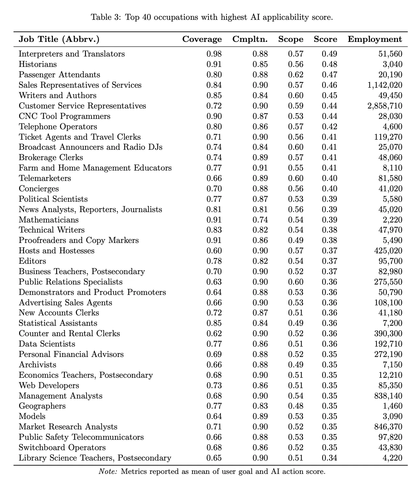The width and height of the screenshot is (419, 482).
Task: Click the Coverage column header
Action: (202, 39)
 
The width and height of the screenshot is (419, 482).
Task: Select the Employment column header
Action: (375, 39)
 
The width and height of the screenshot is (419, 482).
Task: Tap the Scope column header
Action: (291, 39)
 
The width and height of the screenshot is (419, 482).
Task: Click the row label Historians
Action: (38, 64)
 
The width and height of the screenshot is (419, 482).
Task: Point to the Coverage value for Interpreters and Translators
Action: (214, 54)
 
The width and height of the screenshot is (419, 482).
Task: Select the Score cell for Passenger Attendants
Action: (329, 75)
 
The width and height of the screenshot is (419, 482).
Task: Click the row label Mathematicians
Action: (49, 220)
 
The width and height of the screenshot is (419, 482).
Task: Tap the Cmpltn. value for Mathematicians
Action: (260, 220)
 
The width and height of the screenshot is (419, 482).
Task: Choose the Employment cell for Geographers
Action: (393, 406)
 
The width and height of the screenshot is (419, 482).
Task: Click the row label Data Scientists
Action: (47, 344)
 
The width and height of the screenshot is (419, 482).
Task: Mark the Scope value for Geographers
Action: (295, 406)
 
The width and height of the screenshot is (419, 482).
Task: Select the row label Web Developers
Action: (49, 386)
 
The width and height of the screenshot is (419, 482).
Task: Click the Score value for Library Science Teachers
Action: (329, 458)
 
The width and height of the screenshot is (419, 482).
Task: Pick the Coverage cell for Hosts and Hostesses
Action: (214, 251)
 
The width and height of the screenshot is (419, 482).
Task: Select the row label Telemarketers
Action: (45, 178)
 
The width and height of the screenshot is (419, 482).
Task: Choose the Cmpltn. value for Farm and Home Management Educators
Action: (260, 168)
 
